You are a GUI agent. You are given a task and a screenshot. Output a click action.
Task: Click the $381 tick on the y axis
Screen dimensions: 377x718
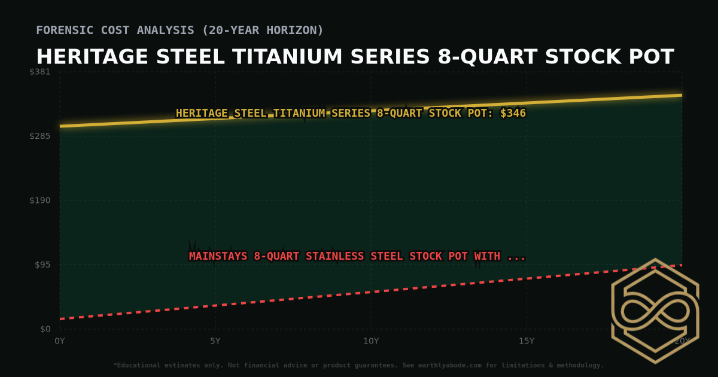[41, 72]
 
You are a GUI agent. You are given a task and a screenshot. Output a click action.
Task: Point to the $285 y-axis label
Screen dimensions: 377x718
[41, 136]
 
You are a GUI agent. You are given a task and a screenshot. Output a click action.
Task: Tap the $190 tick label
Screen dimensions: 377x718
[41, 200]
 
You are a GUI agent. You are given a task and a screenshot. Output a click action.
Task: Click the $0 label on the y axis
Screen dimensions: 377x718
[45, 329]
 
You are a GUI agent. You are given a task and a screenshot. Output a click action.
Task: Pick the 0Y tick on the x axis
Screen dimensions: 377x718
[60, 341]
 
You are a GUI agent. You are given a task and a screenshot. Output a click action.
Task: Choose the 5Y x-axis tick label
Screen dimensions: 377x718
[215, 341]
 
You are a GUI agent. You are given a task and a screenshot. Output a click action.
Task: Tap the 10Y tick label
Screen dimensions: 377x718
[371, 341]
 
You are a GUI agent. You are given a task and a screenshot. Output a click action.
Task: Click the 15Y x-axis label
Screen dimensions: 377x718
[527, 341]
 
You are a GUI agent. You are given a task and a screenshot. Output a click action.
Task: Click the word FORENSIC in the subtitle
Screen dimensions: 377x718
[66, 30]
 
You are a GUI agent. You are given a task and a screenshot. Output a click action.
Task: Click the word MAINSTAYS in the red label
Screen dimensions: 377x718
[218, 256]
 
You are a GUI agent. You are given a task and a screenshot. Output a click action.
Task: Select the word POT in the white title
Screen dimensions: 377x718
[653, 57]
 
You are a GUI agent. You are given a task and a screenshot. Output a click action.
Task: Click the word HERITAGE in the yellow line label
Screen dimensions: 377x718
[202, 113]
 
